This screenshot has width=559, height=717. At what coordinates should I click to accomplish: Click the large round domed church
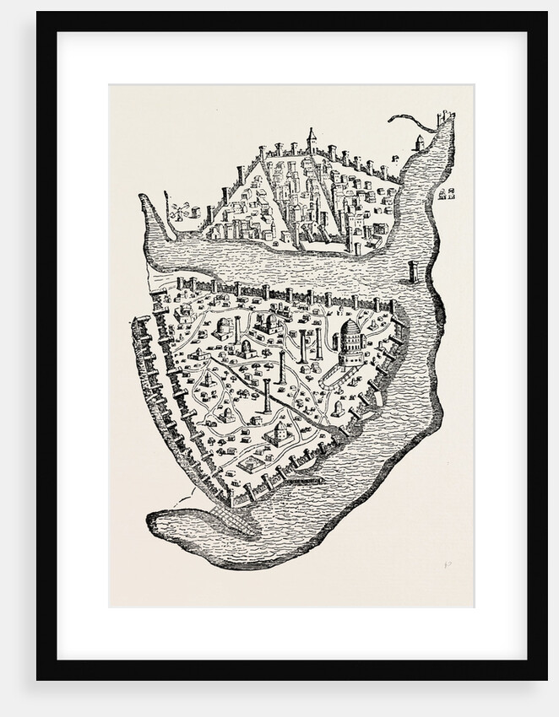(x=351, y=342)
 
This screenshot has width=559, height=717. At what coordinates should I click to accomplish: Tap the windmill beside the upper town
(x=176, y=209)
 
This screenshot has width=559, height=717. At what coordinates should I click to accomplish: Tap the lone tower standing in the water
(x=413, y=272)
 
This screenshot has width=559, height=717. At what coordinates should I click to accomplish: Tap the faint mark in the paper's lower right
(x=447, y=566)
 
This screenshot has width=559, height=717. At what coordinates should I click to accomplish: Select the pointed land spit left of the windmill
(x=150, y=211)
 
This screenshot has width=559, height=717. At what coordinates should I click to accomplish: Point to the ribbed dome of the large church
(x=351, y=327)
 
